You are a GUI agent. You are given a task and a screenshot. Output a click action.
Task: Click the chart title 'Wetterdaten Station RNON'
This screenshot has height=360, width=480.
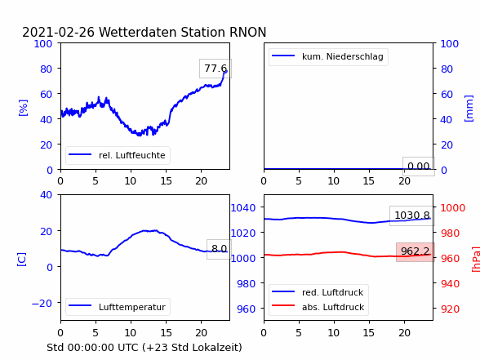coord(183,32)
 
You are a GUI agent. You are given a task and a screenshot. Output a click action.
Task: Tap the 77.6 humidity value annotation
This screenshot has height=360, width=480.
coord(216,69)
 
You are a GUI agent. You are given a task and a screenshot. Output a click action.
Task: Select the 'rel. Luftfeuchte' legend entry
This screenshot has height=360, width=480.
coord(118,155)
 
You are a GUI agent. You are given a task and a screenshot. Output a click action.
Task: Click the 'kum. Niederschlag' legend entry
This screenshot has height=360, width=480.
coord(328,56)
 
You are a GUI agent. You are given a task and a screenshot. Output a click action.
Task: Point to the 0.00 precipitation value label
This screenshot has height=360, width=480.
coord(419,167)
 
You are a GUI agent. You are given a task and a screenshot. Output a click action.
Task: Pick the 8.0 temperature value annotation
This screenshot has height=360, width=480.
coord(219,249)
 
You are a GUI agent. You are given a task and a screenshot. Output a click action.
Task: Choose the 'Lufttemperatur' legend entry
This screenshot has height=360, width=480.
coord(118,307)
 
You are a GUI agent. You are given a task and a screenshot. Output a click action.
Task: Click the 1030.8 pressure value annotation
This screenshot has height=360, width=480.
coord(412,216)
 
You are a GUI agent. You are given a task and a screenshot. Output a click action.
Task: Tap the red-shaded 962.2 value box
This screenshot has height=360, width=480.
coord(416,251)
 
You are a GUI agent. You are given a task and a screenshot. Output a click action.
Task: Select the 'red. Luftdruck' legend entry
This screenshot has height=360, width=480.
coord(318,292)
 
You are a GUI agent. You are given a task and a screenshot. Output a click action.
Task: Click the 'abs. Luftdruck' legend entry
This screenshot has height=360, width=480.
coord(318,307)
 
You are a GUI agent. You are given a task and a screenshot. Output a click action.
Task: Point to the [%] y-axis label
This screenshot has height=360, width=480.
coord(23,108)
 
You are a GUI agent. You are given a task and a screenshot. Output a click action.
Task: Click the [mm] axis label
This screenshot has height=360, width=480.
coord(469,109)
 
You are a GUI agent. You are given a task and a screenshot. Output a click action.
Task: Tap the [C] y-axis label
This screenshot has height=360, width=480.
coord(22,260)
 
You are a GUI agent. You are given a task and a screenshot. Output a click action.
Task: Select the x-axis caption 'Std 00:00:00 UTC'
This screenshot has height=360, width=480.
coord(93,348)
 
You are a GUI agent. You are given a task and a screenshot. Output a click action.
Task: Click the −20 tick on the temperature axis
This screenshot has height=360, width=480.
coord(42,303)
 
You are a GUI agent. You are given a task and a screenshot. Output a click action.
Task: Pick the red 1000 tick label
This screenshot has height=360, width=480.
coord(453,208)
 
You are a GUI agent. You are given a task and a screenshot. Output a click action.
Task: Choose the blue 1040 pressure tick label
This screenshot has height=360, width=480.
coord(243,208)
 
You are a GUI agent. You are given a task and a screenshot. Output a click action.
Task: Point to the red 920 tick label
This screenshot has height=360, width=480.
coord(450,309)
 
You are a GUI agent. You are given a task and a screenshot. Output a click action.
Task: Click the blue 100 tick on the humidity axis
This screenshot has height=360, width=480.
coord(42,44)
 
